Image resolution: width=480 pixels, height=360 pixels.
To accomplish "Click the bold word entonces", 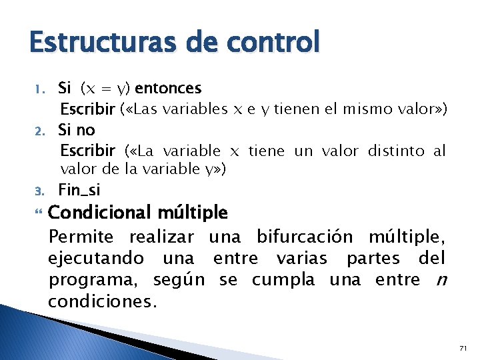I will pos(168,88).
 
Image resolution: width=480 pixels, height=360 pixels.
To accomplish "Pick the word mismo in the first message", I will pos(371,109).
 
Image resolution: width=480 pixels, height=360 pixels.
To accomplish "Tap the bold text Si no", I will pos(77,129).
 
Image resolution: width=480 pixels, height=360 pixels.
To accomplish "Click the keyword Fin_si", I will pos(79,191).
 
